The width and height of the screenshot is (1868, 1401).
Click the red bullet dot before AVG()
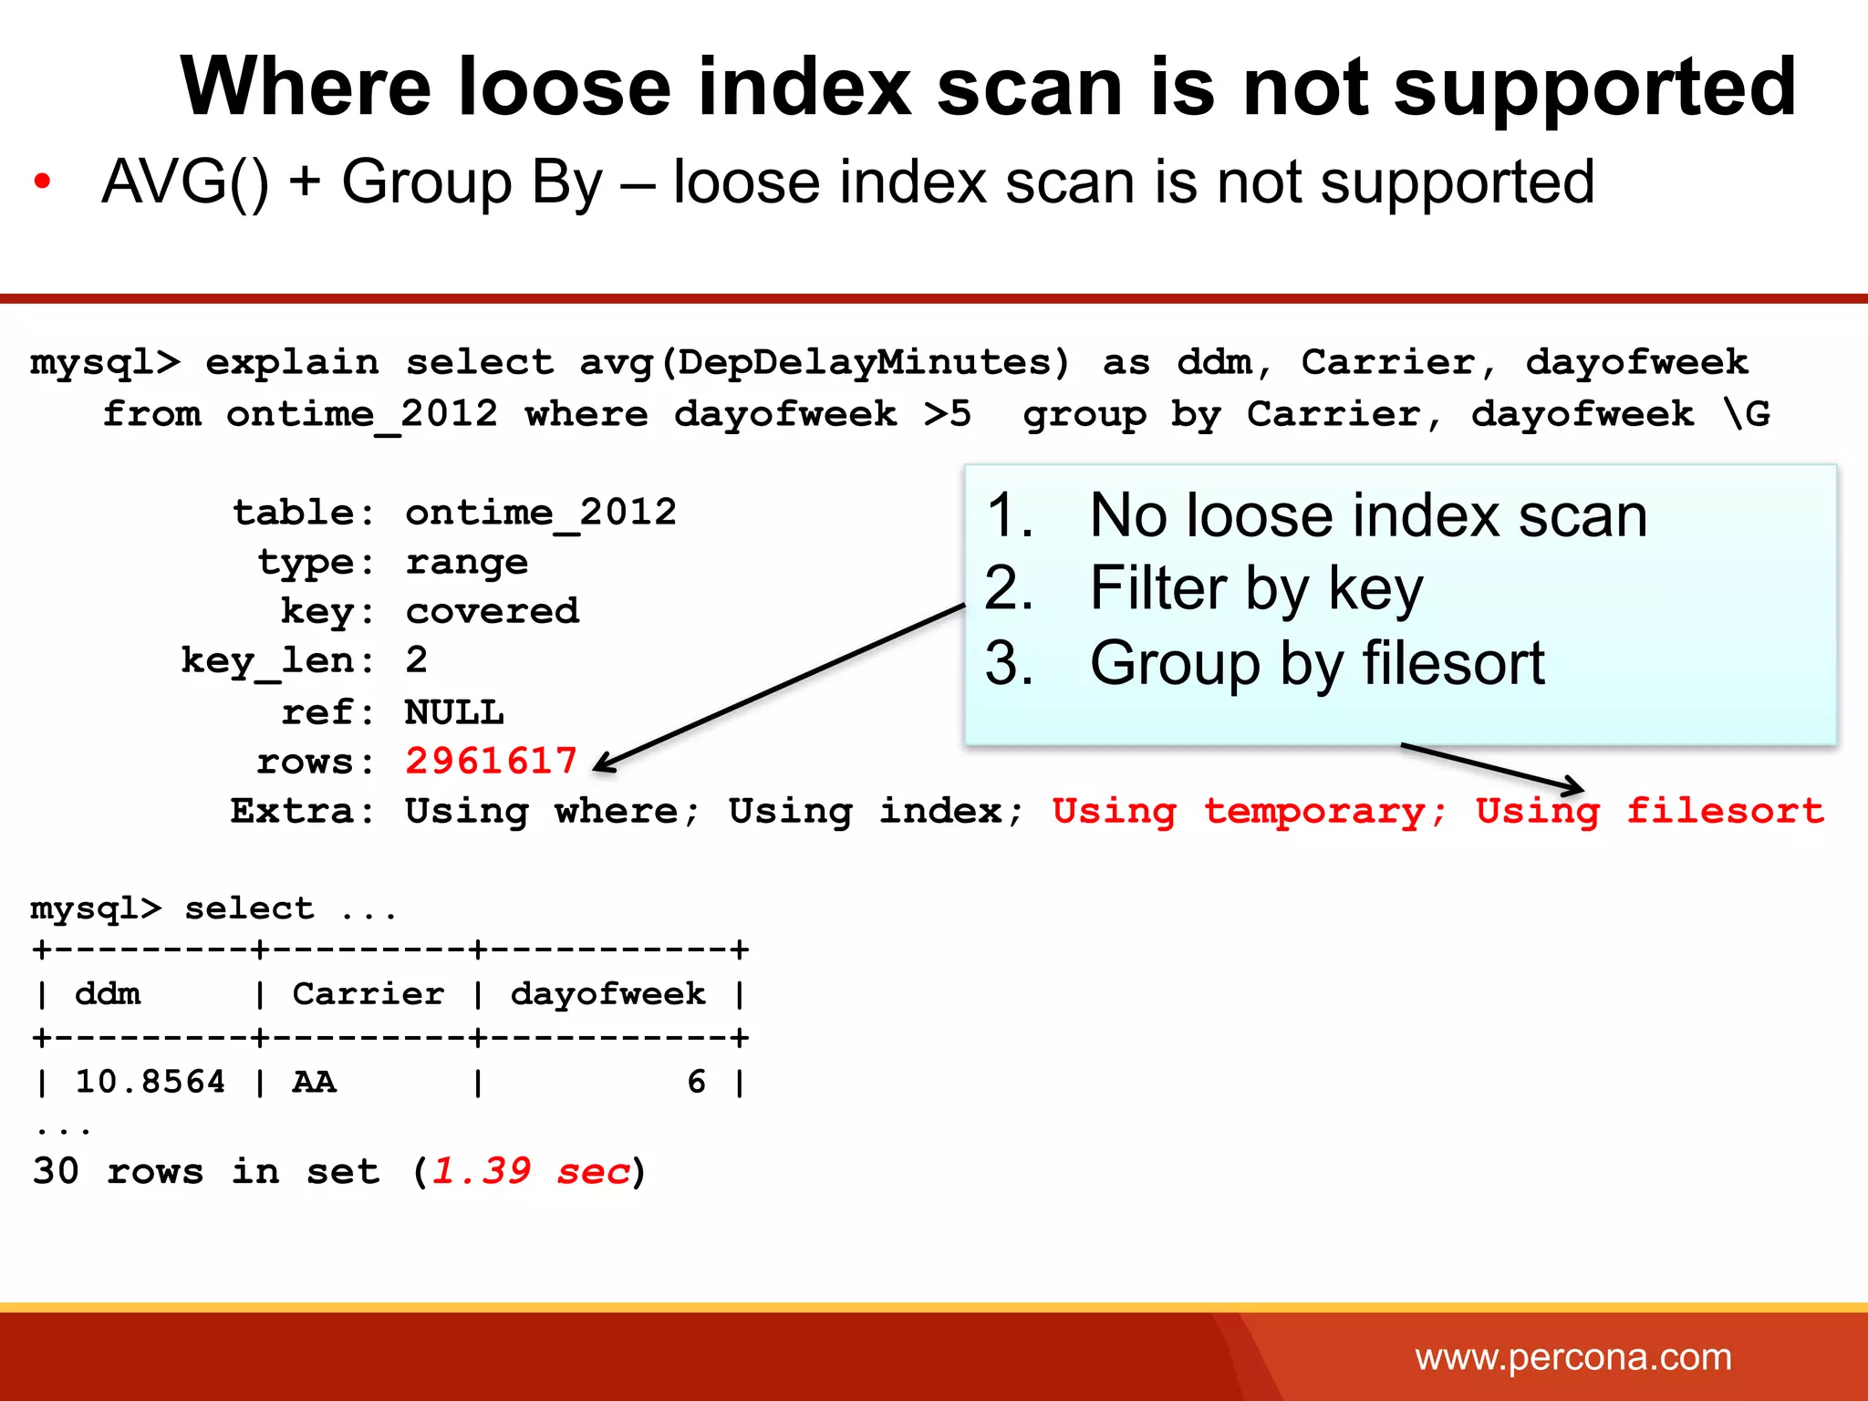click(42, 182)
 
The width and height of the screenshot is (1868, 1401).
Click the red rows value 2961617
click(491, 761)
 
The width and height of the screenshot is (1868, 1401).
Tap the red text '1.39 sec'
click(531, 1171)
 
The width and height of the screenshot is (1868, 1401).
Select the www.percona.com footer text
click(1572, 1357)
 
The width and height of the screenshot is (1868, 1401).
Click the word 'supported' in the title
click(1594, 88)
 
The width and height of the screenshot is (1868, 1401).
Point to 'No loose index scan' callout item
click(1368, 516)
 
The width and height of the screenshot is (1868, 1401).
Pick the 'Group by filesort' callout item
click(1316, 663)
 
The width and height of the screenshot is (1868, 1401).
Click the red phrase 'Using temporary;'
click(1249, 811)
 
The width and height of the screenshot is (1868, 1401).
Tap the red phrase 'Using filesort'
click(1649, 811)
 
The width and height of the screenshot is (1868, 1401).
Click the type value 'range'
click(466, 562)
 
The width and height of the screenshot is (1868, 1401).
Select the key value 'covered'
click(492, 611)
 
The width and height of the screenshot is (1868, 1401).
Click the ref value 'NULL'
click(454, 712)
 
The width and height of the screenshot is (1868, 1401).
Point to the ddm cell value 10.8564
click(150, 1082)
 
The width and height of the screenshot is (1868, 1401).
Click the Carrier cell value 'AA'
click(314, 1082)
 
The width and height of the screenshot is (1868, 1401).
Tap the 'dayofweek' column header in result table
click(607, 993)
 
